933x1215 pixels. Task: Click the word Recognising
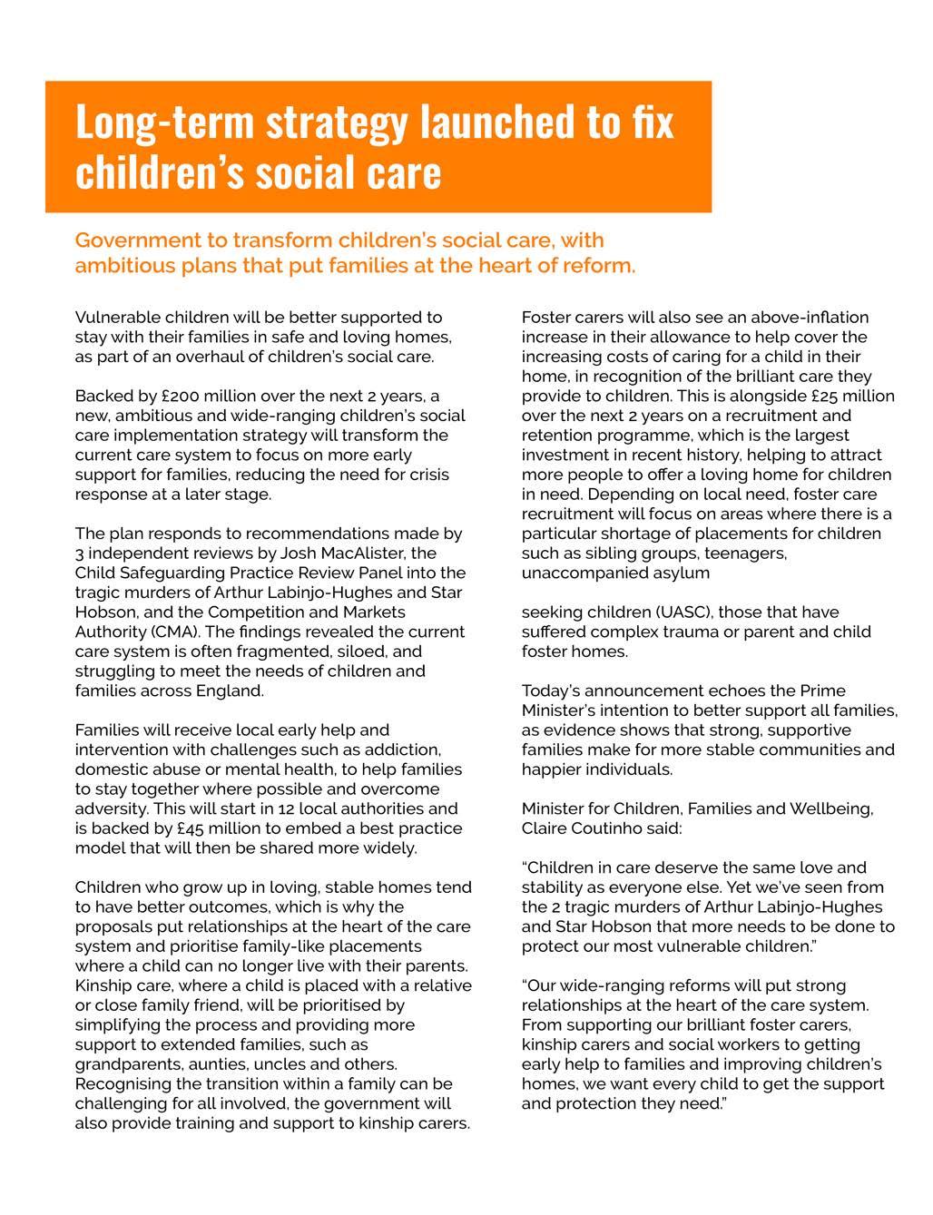tap(122, 1085)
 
